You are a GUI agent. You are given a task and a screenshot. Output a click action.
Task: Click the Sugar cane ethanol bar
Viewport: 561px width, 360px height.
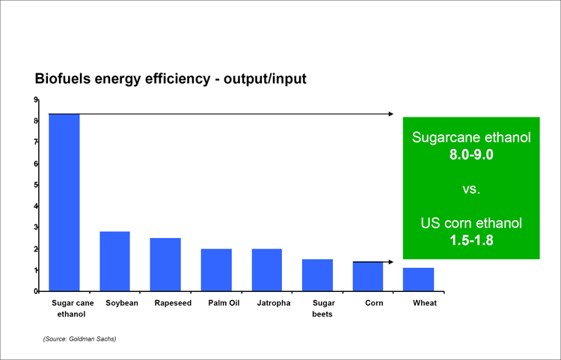(64, 202)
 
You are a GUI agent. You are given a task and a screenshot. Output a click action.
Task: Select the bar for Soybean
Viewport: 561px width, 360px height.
(114, 261)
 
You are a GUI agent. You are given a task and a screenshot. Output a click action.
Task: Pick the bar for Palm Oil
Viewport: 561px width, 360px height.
(216, 269)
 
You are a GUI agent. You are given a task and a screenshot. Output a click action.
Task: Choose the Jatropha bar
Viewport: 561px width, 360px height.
(267, 269)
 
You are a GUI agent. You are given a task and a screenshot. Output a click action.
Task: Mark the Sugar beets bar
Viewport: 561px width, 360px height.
(317, 275)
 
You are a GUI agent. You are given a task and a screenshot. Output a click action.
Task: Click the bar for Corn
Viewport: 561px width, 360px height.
(367, 276)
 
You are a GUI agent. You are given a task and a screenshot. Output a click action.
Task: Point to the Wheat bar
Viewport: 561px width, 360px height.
(418, 279)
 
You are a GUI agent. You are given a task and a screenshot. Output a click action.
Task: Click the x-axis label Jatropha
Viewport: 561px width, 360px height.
(267, 303)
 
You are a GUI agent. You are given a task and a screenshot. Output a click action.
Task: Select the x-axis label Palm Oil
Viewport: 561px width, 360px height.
(216, 303)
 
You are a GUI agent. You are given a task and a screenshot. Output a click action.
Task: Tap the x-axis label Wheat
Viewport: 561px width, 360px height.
(424, 303)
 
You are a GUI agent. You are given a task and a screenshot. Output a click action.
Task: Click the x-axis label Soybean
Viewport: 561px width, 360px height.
(116, 303)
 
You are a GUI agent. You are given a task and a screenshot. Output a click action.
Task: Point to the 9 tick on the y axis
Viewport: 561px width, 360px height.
(36, 100)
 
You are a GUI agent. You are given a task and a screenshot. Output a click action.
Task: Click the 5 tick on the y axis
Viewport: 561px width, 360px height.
(36, 185)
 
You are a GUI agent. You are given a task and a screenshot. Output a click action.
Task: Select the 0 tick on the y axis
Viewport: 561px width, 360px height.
(36, 291)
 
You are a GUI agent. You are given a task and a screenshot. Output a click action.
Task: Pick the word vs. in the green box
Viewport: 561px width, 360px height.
(470, 190)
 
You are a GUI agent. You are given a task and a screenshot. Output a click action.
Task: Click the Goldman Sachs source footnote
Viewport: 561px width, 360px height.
(79, 339)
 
